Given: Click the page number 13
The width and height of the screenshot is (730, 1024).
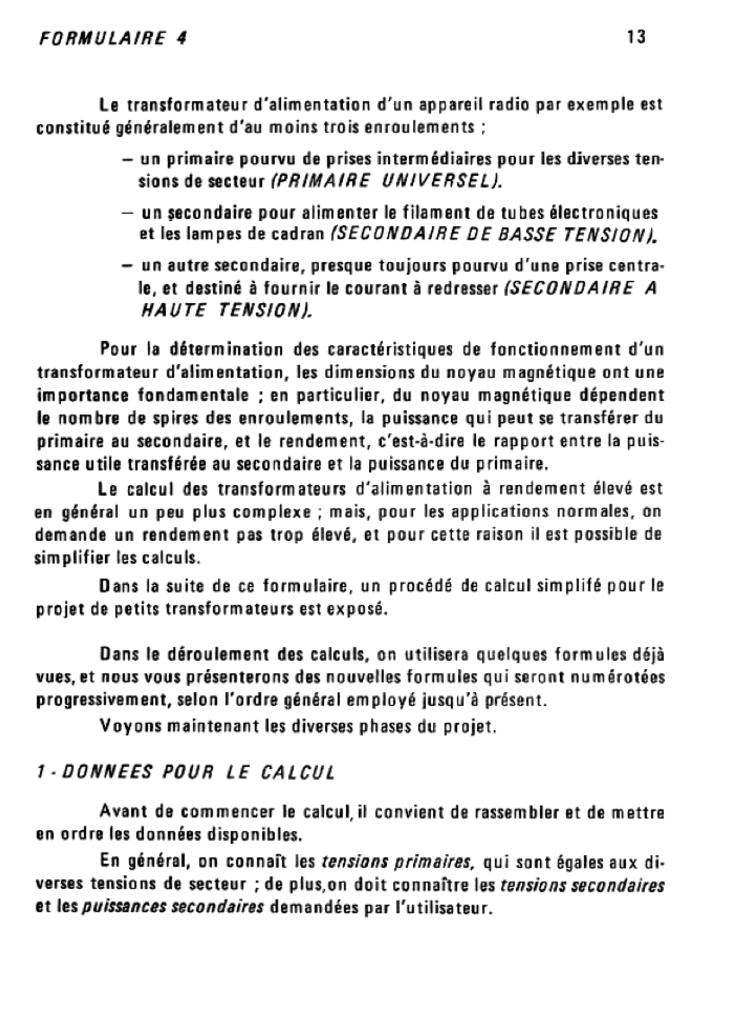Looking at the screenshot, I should (636, 38).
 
